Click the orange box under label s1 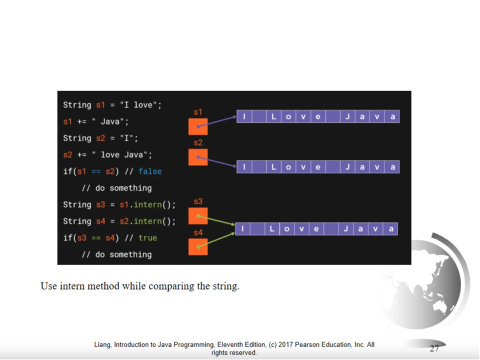click(x=198, y=127)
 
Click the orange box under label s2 click(x=198, y=157)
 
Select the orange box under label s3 click(x=198, y=216)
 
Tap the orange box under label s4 click(x=198, y=246)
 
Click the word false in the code click(x=150, y=171)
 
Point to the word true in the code click(x=147, y=238)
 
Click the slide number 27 click(x=434, y=348)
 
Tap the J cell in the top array click(x=347, y=116)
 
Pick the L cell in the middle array click(x=273, y=167)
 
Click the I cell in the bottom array click(x=242, y=229)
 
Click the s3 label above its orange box click(x=198, y=201)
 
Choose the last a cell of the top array click(x=392, y=116)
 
